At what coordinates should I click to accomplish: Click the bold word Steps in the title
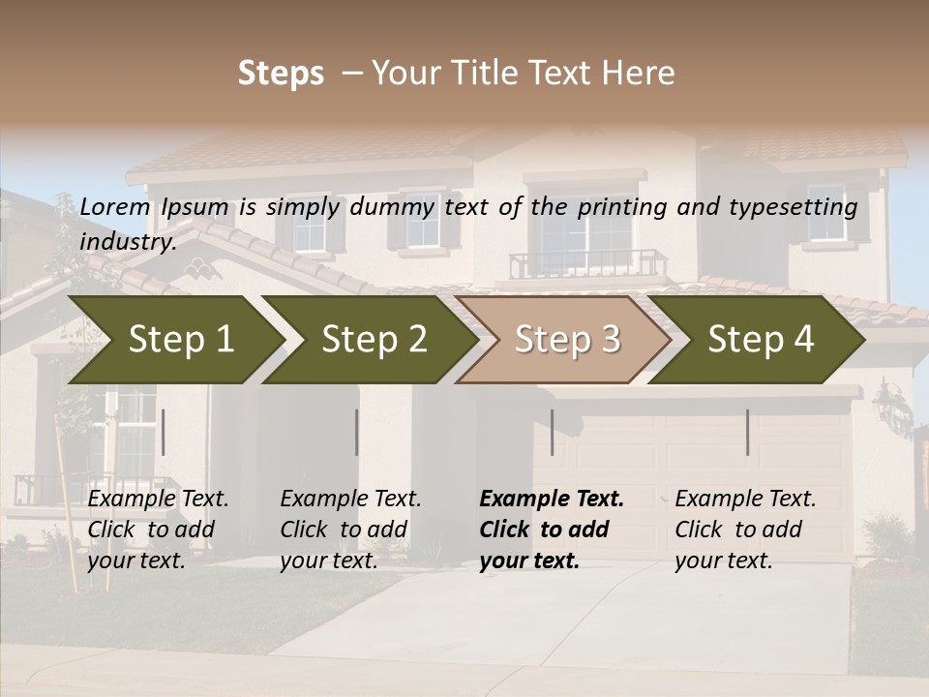[x=281, y=74]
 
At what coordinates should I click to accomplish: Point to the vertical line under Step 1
[x=163, y=432]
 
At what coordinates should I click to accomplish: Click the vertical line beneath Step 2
[x=356, y=432]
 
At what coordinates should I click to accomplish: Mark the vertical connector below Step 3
[x=552, y=432]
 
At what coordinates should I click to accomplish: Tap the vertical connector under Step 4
[x=747, y=432]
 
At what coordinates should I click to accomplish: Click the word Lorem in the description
[x=115, y=206]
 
